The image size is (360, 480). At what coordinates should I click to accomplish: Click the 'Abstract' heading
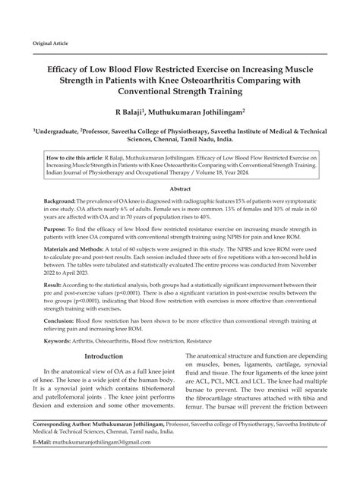click(179, 188)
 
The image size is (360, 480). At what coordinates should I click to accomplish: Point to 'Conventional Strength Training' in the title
click(179, 92)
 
